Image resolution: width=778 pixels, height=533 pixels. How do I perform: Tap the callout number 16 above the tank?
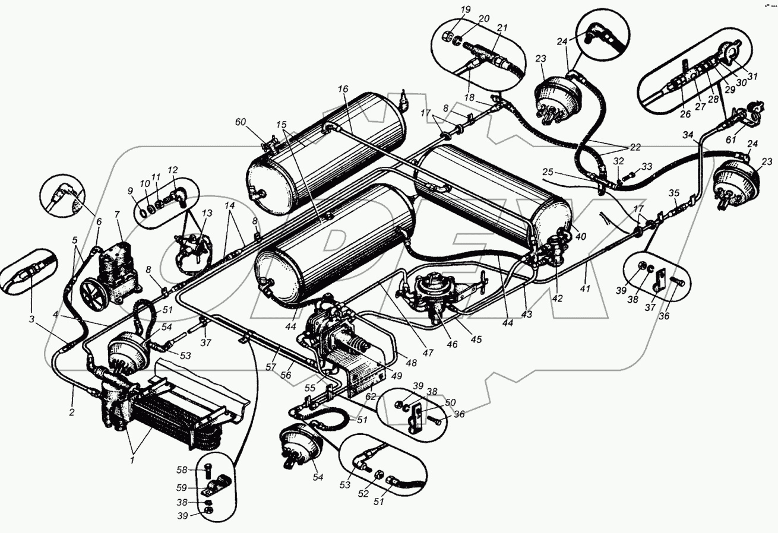343,89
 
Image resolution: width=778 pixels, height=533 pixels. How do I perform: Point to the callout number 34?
688,135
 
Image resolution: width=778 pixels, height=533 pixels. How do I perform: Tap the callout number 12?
173,171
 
